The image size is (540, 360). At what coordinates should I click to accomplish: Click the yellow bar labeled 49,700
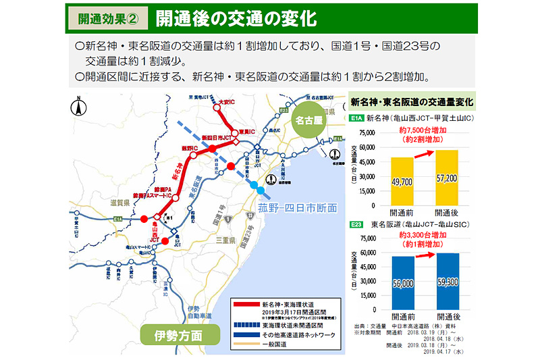click(x=402, y=182)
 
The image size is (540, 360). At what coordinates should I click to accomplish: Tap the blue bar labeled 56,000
click(x=402, y=283)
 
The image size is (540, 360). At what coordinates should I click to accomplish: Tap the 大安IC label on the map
click(x=231, y=102)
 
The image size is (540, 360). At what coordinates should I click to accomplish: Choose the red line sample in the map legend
click(x=245, y=304)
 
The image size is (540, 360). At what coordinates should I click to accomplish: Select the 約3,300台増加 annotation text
click(x=422, y=234)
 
